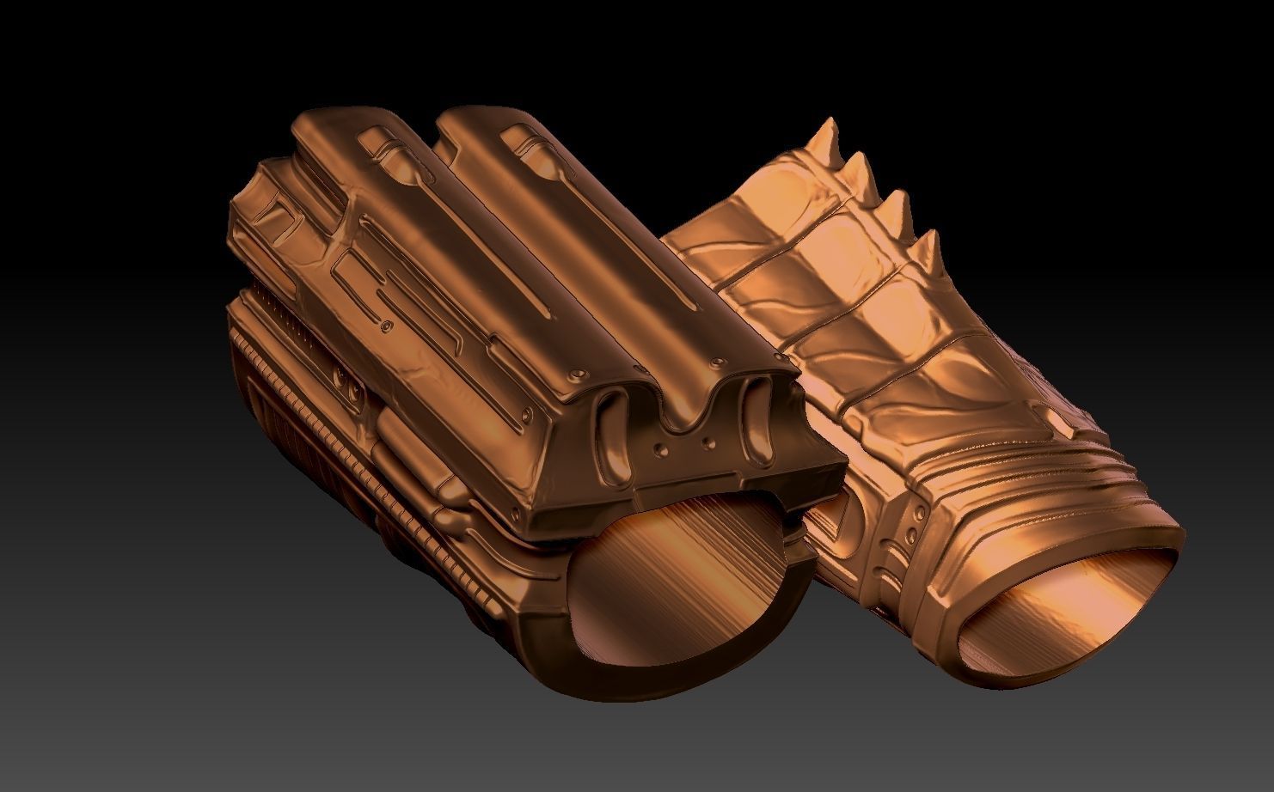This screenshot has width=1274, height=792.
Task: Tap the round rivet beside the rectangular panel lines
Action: [x=388, y=326]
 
